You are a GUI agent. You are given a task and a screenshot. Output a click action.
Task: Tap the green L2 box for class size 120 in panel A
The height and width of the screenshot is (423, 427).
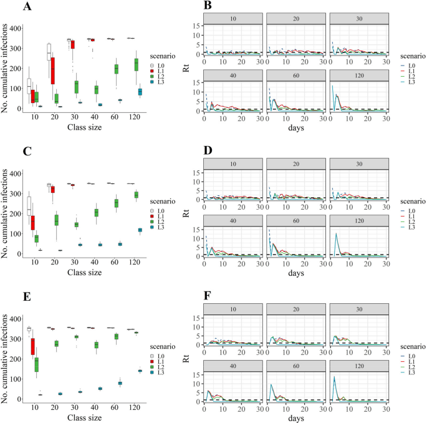pyautogui.click(x=137, y=64)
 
